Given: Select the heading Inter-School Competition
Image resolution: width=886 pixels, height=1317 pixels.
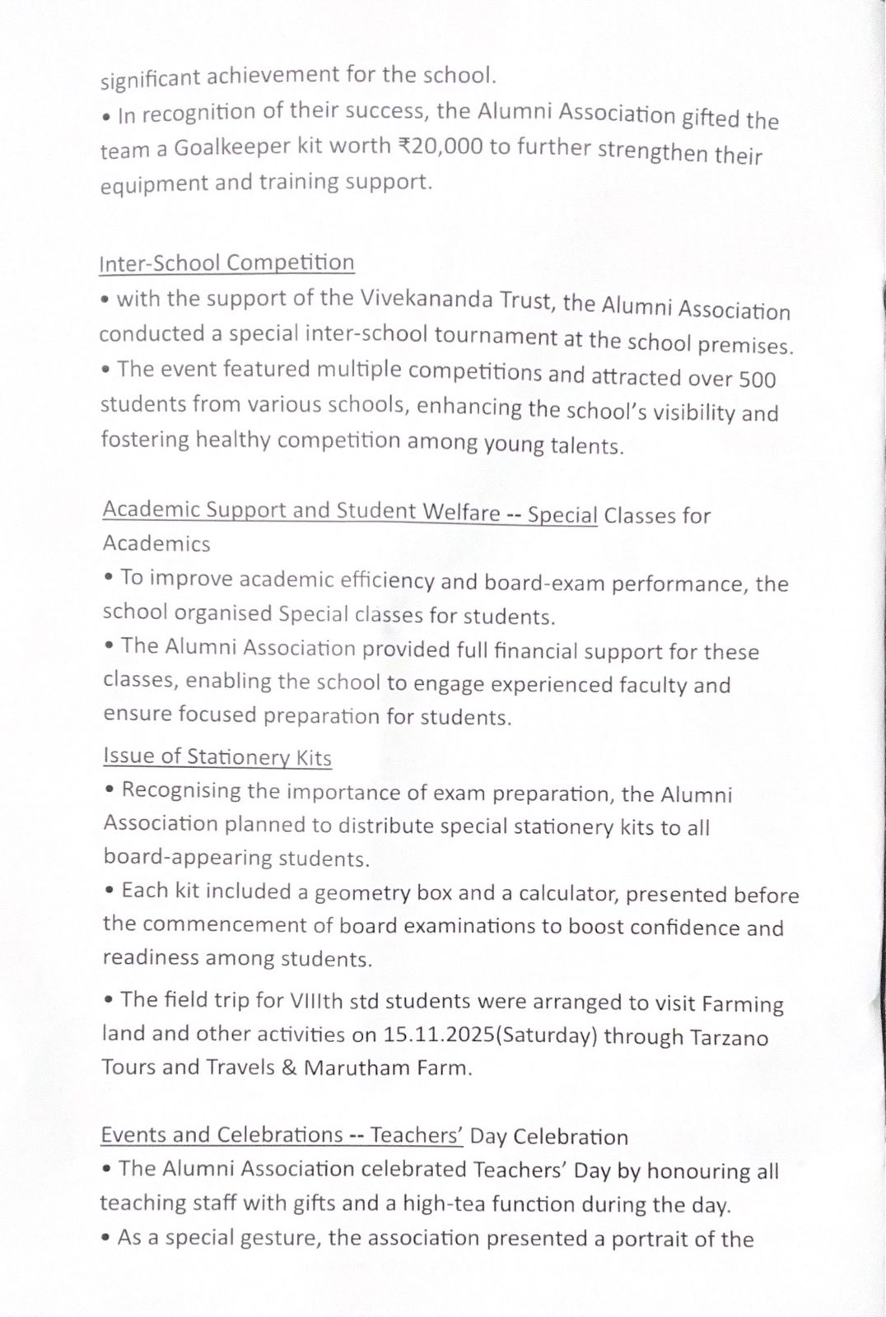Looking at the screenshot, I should tap(226, 263).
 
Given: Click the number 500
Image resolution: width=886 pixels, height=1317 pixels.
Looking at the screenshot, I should tap(758, 379).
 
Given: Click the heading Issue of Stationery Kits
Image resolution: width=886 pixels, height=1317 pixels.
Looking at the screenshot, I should tap(217, 756).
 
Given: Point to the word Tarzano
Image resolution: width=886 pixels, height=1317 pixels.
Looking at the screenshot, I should tap(727, 1037).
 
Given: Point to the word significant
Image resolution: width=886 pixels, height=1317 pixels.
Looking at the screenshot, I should tap(150, 80).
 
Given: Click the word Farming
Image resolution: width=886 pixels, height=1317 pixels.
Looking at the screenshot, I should tap(742, 1004).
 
